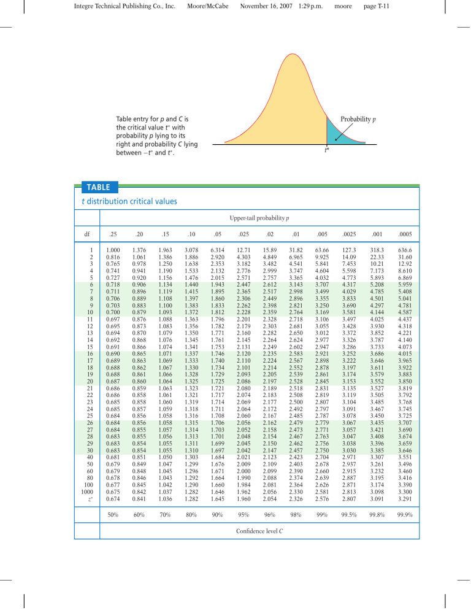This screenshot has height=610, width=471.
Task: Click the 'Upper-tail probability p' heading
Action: tap(259, 218)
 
